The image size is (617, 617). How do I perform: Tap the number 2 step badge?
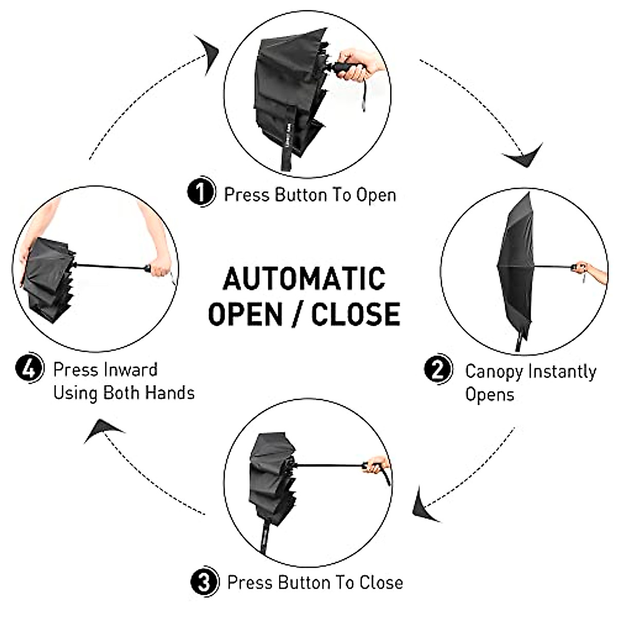pos(438,370)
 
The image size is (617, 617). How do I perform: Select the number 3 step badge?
pos(204,582)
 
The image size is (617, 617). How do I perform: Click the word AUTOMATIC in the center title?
pos(304,279)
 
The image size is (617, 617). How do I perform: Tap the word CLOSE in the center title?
pos(356,313)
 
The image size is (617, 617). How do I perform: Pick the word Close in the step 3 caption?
pos(381,583)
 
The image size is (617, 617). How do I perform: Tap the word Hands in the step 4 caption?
pos(169,393)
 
